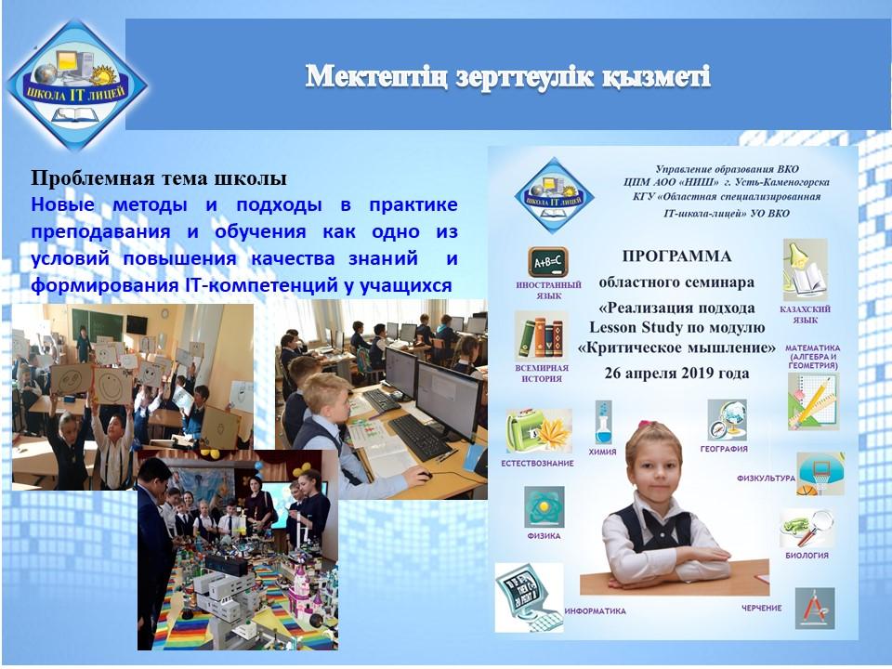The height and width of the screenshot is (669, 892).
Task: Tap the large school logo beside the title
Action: pos(76,85)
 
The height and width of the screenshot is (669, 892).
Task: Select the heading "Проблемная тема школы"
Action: pos(159,178)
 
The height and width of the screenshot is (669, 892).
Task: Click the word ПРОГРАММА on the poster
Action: pos(676,256)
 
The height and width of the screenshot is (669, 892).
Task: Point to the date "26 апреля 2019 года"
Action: pos(676,374)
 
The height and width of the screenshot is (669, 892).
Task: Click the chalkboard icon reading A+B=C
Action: pos(547,262)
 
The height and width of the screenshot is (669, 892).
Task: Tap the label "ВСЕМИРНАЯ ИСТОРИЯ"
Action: pos(542,374)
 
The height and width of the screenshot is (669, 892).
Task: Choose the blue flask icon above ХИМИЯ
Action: pos(603,422)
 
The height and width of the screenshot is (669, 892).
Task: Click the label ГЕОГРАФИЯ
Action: pos(724,449)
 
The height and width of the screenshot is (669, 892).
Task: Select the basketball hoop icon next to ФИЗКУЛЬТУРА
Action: pos(820,474)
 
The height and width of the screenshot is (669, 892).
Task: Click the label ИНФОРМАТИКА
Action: pos(595,611)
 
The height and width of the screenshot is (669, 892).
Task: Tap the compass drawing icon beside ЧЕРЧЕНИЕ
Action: pos(815,608)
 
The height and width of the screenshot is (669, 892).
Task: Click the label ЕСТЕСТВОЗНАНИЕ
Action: pos(537,463)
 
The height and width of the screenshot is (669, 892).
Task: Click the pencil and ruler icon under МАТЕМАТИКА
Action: pos(813,401)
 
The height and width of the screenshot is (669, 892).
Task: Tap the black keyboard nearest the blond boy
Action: pos(419,437)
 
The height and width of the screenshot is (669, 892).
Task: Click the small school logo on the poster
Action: pos(554,196)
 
